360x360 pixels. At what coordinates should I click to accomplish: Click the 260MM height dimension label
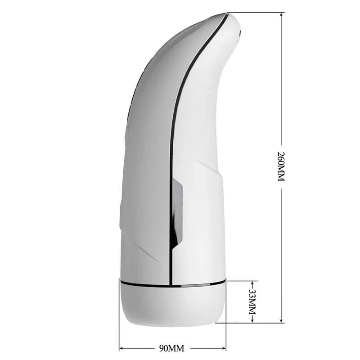point(281,166)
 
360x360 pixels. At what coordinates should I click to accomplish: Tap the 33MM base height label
point(252,302)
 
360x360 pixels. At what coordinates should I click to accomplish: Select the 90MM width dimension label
point(172,347)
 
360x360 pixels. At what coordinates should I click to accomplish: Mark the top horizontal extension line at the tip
point(256,13)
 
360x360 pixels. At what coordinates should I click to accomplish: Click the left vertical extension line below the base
point(119,333)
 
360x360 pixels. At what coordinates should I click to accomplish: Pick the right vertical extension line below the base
point(226,333)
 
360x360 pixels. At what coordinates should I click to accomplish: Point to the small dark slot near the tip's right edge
point(240,33)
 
